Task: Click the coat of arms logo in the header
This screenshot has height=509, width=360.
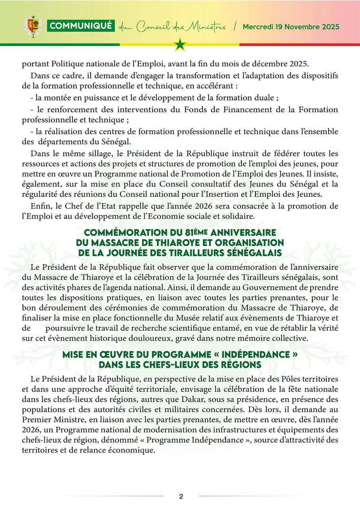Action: coord(33,27)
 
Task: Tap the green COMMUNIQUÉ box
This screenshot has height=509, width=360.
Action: coord(81,26)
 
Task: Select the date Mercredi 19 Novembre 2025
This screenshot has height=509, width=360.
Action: coord(291,27)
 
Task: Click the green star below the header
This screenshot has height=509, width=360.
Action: coord(180,44)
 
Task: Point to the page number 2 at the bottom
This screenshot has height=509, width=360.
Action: coord(181,496)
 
